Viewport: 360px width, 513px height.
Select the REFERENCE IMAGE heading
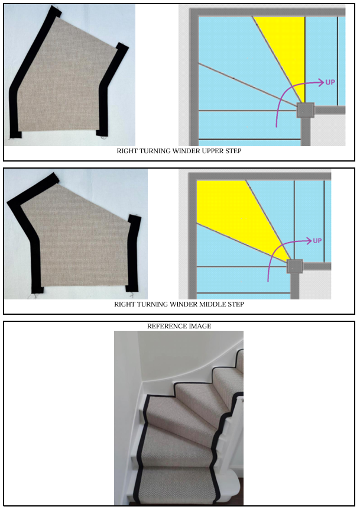click(x=179, y=326)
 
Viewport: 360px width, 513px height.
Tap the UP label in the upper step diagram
click(x=330, y=82)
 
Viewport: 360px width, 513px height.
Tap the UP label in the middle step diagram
click(x=317, y=241)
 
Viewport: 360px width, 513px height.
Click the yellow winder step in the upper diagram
click(x=286, y=49)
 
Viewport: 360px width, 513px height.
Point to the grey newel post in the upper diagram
click(x=306, y=110)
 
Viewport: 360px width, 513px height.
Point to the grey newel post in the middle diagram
click(x=295, y=266)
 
